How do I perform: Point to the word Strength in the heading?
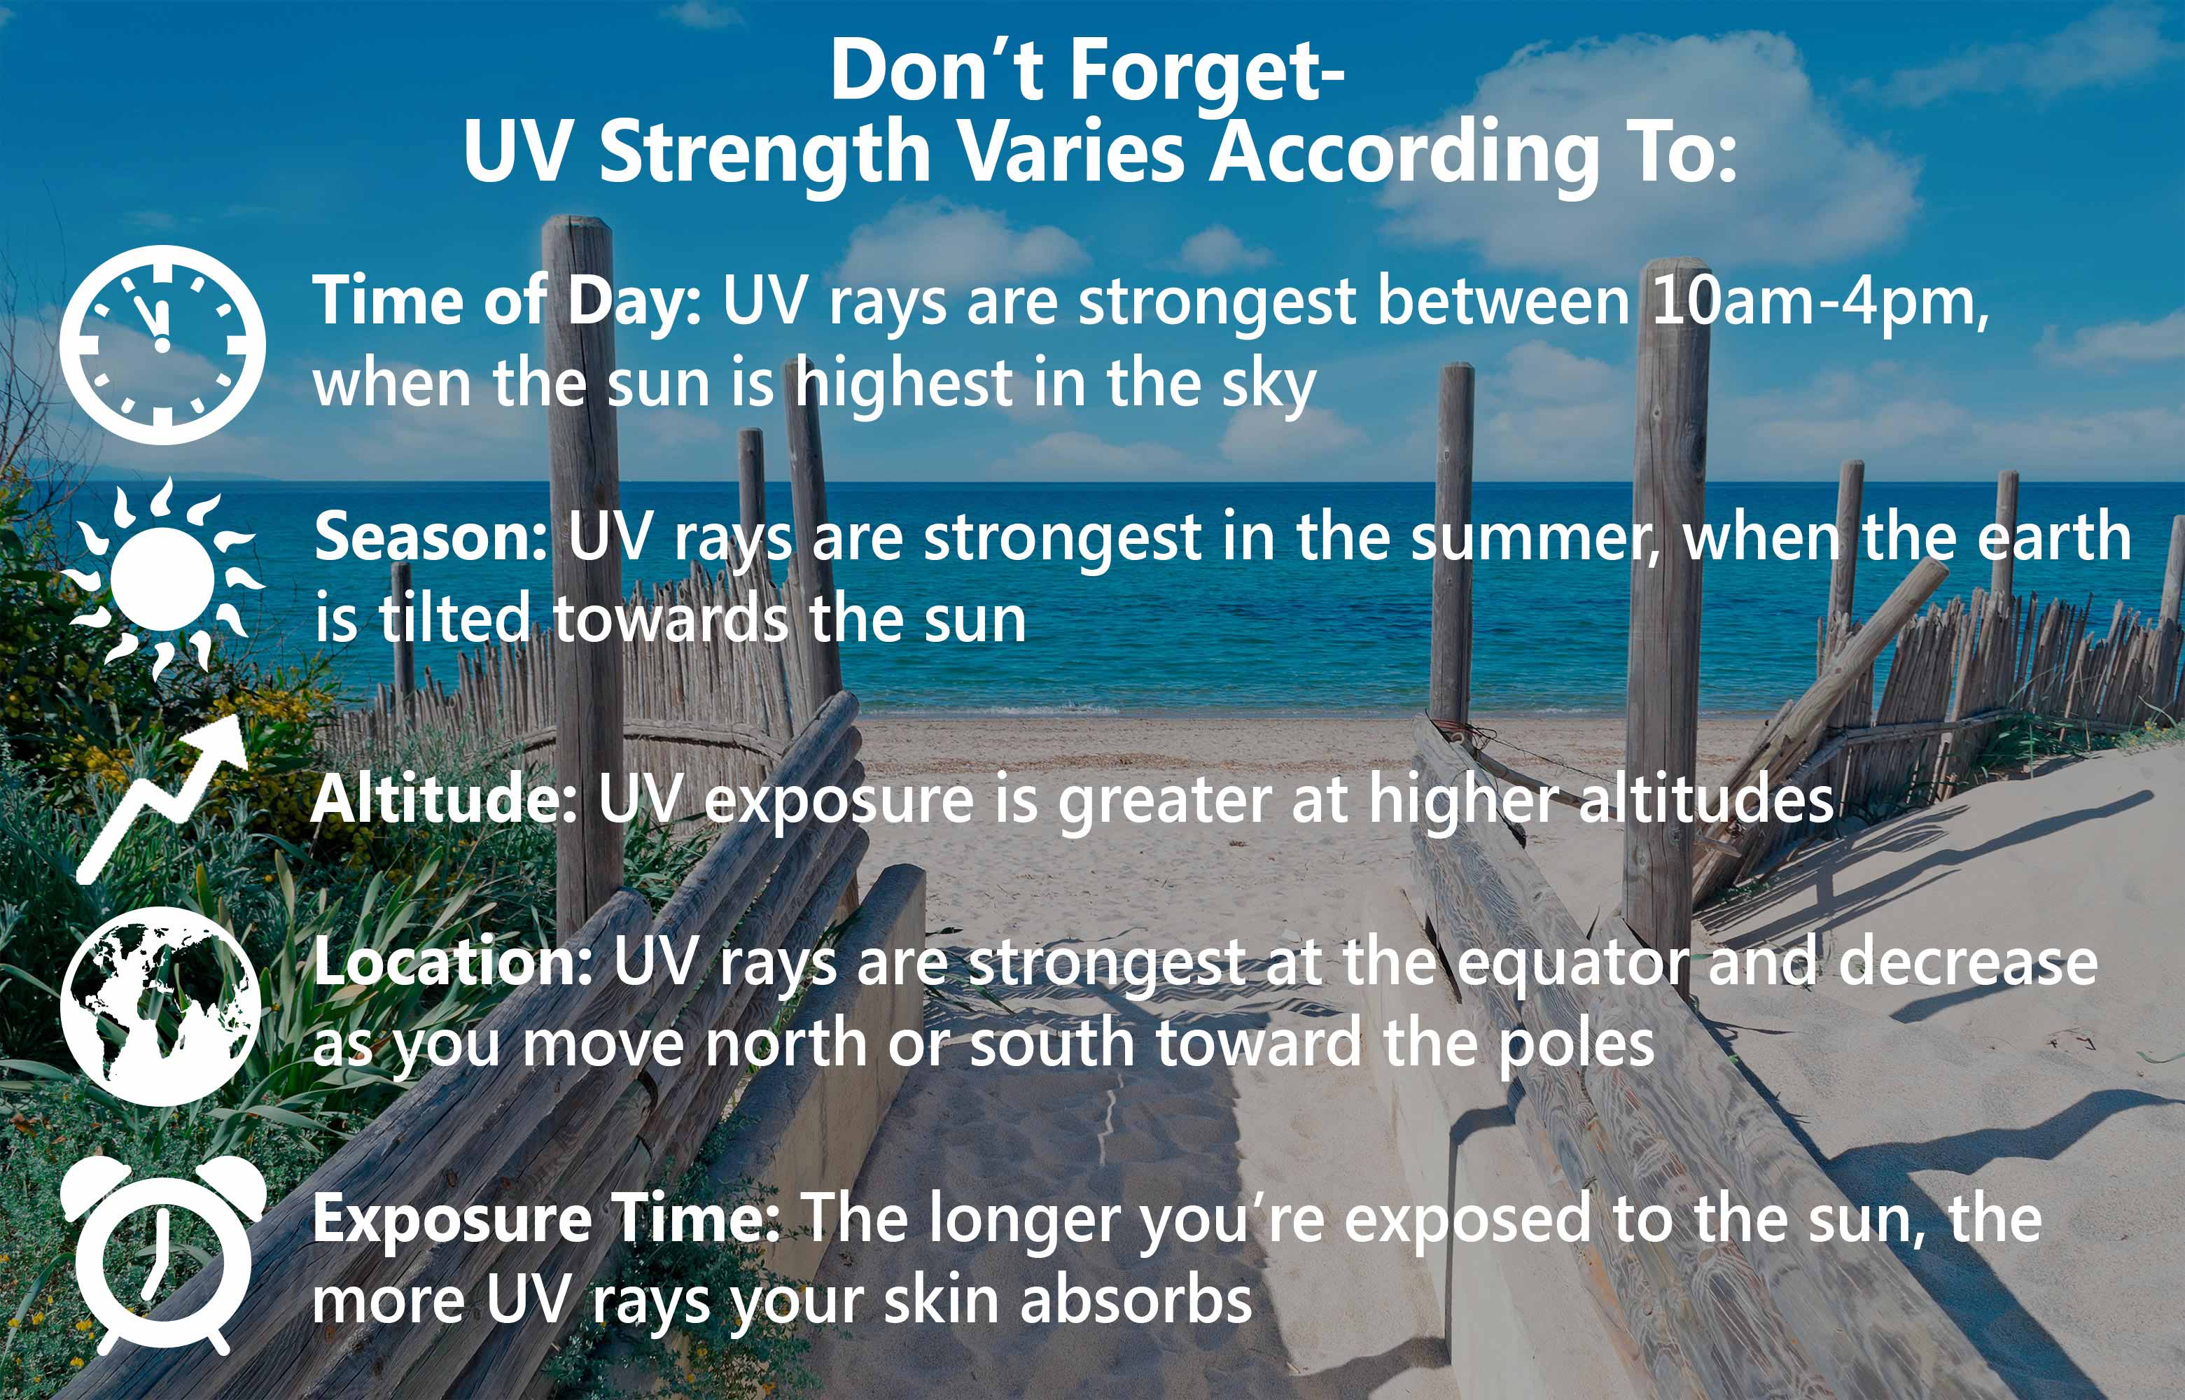point(764,152)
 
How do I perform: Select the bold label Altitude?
point(444,800)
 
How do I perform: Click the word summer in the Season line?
point(1534,538)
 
